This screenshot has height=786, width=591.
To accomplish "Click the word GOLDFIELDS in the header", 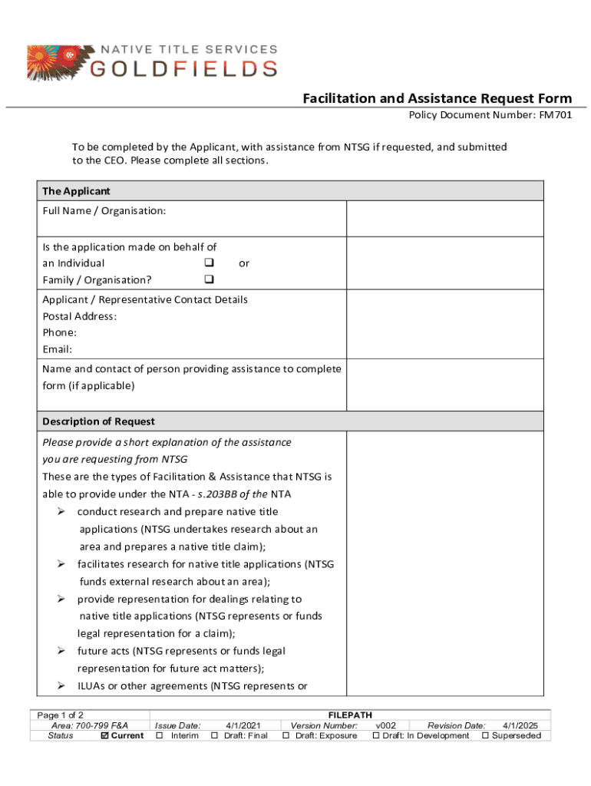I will point(184,68).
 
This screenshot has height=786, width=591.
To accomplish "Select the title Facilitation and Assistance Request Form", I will point(437,98).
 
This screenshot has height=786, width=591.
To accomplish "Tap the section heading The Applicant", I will point(76,191).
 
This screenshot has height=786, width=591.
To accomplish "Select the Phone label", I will point(59,333).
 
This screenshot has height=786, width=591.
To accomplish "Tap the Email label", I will point(58,350).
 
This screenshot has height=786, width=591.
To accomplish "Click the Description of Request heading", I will point(98,421).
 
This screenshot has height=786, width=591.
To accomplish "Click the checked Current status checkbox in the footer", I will point(105,736).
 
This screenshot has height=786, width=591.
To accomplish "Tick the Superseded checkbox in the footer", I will point(485,736).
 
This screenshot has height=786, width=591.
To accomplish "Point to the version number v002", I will point(385,725).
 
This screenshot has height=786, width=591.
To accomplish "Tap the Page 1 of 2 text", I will point(61,715).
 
